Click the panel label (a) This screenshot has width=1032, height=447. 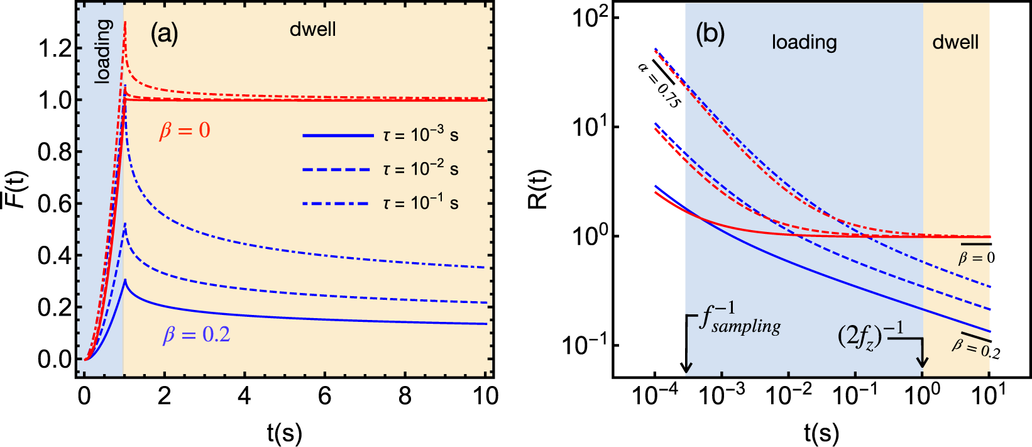164,34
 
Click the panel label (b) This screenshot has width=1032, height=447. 710,34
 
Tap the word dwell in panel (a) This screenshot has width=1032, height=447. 313,30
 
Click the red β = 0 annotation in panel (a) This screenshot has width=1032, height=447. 185,131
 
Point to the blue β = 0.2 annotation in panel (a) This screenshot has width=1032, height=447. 197,335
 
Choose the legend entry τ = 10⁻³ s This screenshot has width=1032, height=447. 420,135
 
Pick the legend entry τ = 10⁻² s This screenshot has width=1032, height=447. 420,168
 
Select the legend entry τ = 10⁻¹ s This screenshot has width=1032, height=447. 420,202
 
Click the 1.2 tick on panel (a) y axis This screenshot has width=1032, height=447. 55,48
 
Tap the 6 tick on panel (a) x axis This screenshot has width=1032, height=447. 325,396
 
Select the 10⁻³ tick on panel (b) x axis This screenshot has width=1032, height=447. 723,395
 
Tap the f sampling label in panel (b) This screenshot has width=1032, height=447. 740,318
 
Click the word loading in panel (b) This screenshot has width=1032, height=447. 804,42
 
